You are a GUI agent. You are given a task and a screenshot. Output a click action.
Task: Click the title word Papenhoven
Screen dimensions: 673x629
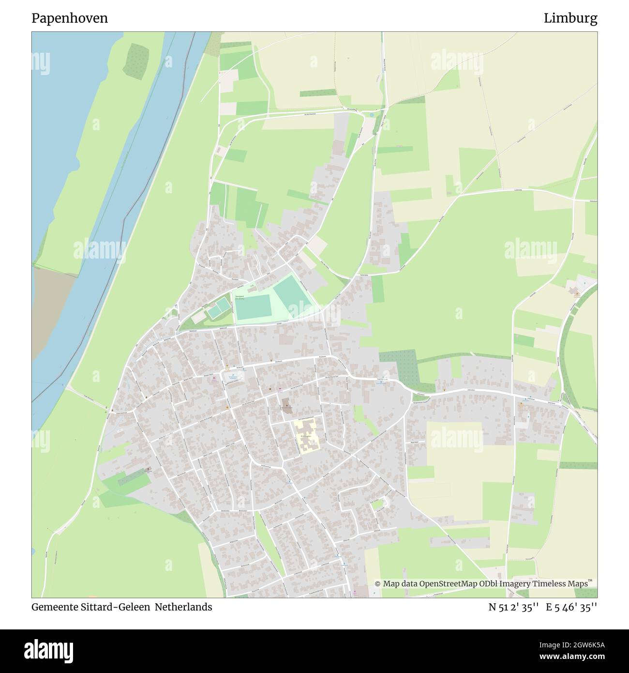point(70,18)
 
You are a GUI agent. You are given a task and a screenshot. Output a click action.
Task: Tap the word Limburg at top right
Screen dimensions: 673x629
point(570,18)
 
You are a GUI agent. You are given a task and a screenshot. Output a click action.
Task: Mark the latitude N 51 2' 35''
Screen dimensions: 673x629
point(513,607)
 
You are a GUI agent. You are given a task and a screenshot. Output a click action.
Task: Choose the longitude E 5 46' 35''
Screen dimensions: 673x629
point(571,607)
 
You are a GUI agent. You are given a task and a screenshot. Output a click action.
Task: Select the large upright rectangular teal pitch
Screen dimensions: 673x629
point(254,306)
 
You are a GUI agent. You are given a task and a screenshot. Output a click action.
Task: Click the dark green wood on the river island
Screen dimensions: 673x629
point(136,61)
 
